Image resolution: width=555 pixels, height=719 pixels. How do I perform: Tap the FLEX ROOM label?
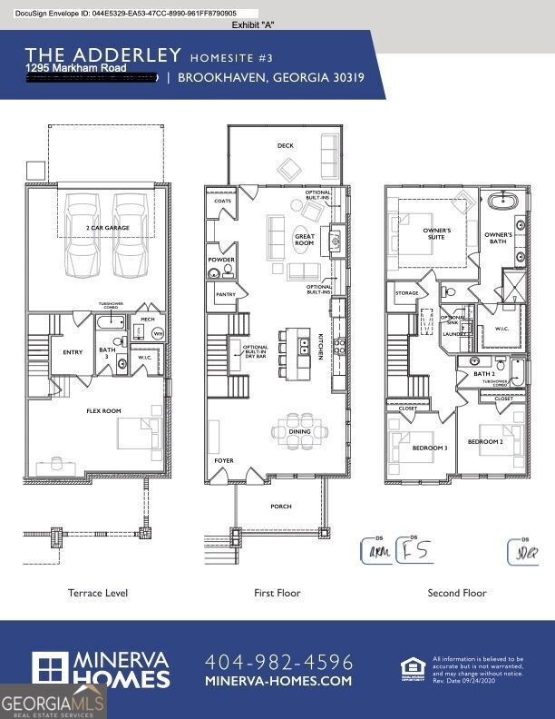coord(104,410)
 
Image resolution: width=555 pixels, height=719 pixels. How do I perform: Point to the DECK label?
coord(286,145)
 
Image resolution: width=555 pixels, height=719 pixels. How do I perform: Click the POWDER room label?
coord(222,260)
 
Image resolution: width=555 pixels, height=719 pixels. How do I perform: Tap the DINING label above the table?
coord(299,432)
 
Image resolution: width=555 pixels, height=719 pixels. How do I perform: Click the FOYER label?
coord(223,460)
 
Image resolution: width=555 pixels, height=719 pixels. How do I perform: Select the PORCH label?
coord(281,507)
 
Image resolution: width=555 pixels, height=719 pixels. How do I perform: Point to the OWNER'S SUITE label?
coord(437,234)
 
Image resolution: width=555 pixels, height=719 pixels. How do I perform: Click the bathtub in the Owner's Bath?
coord(501,202)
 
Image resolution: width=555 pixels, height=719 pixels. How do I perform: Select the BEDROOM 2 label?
coord(484,441)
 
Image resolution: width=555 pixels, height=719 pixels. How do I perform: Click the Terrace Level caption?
coord(98,593)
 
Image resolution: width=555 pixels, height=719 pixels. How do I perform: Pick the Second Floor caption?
coord(457,593)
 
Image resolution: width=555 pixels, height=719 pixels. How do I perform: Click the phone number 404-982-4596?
coord(278,662)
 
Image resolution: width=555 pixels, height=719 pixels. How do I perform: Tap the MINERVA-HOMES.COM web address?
coord(278,681)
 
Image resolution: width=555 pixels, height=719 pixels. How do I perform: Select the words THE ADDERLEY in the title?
coord(102,55)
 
